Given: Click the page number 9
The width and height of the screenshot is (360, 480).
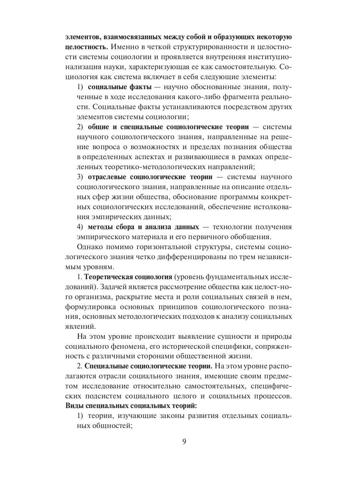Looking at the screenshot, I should point(184,442).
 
